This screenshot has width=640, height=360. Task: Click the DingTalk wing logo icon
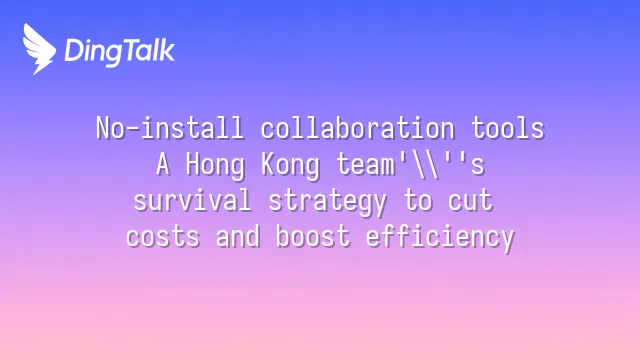39,49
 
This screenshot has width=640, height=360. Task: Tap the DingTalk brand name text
120,51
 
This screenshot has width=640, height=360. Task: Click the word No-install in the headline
170,128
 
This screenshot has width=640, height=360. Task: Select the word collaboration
358,128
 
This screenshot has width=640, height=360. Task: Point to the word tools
508,128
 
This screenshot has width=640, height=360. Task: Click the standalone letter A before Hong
162,164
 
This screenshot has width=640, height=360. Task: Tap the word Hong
215,166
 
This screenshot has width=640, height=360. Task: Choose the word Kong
290,166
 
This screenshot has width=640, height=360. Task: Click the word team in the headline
365,165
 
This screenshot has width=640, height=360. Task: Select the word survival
192,200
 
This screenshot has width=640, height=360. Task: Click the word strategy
327,202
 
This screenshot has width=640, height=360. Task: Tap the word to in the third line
418,201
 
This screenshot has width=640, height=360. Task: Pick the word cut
470,201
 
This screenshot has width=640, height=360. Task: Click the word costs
162,237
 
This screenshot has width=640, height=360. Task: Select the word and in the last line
238,236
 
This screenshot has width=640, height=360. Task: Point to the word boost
313,236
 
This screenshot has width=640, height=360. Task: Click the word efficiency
440,238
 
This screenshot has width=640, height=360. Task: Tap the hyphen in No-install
132,129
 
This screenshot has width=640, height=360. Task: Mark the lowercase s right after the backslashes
478,167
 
